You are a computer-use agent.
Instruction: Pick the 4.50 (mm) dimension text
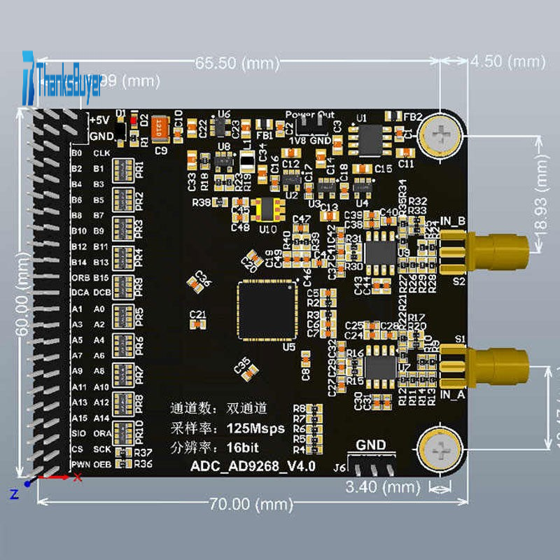507,61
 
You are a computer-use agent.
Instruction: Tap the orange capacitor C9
161,130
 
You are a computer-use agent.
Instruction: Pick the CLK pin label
101,153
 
